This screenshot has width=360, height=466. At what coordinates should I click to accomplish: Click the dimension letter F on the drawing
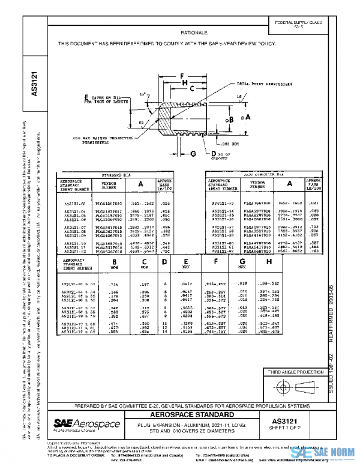[x=181, y=76]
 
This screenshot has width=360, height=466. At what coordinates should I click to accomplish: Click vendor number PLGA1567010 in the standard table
[x=112, y=204]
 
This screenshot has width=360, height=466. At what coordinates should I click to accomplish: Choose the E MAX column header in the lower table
[x=187, y=264]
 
